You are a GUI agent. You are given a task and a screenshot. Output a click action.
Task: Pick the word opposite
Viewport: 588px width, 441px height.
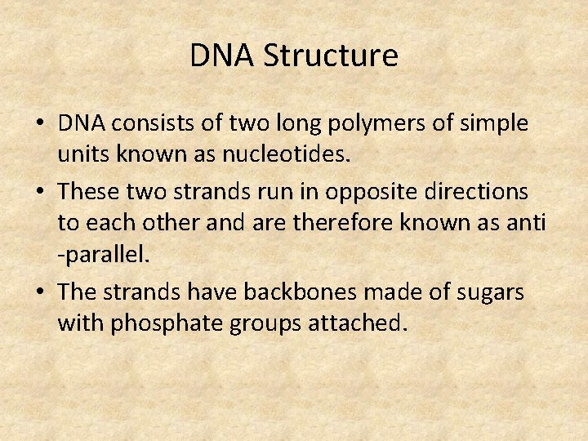click(x=373, y=193)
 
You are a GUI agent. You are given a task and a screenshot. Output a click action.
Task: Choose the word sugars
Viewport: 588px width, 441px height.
click(x=495, y=292)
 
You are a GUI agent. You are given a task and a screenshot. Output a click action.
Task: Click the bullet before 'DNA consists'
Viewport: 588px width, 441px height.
click(x=40, y=125)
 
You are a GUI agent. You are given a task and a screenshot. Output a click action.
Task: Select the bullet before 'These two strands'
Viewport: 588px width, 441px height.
click(x=40, y=193)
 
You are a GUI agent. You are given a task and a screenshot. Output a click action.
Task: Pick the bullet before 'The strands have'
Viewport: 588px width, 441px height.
click(x=40, y=292)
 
